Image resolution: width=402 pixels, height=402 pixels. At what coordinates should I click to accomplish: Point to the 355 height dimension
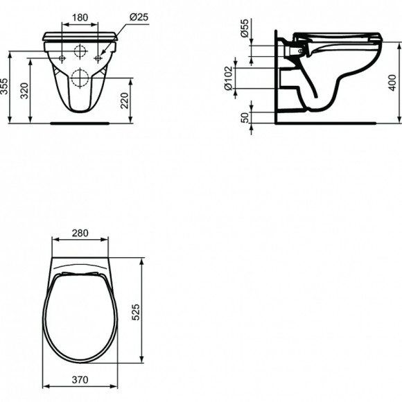tap(6, 86)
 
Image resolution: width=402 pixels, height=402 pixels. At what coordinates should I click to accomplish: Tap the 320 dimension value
tap(26, 91)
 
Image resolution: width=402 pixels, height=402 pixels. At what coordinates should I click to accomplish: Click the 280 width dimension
tap(80, 233)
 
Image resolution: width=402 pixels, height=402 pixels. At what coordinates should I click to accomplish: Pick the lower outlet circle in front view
tap(80, 76)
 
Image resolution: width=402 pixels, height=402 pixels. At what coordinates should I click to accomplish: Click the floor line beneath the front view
tap(80, 123)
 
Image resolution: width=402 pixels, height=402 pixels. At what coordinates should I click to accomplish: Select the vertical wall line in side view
tap(276, 76)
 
